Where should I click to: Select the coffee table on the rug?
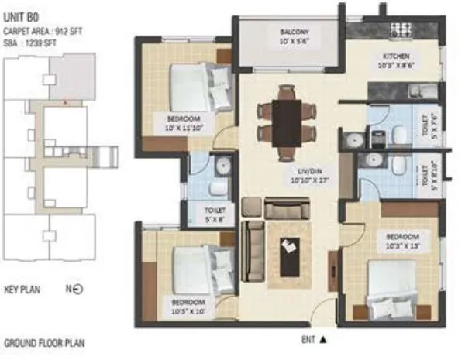[x=291, y=259]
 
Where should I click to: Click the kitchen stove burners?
[x=401, y=30]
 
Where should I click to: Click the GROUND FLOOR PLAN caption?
[x=45, y=342]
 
